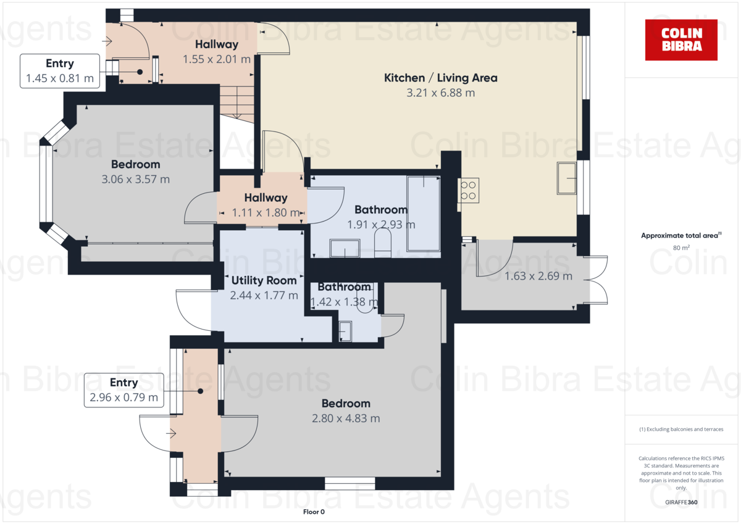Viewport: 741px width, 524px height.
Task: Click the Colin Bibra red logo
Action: pyautogui.click(x=681, y=40)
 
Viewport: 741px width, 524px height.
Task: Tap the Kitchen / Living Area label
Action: pyautogui.click(x=440, y=78)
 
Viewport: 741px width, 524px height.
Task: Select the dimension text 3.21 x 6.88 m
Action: pyautogui.click(x=440, y=93)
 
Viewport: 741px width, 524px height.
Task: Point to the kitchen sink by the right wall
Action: pyautogui.click(x=566, y=178)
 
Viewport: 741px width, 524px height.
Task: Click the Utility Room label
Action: pyautogui.click(x=264, y=280)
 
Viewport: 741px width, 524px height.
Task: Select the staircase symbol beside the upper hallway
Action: pyautogui.click(x=237, y=101)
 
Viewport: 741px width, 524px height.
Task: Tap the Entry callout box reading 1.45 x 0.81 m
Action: pyautogui.click(x=60, y=71)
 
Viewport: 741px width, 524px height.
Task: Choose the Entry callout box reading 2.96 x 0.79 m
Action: pyautogui.click(x=124, y=390)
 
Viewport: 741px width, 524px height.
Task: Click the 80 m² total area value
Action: pyautogui.click(x=680, y=248)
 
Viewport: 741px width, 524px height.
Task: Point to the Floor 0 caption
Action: pyautogui.click(x=314, y=512)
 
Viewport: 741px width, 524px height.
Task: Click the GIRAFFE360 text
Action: pyautogui.click(x=681, y=502)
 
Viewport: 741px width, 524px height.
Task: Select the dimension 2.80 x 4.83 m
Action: pyautogui.click(x=346, y=418)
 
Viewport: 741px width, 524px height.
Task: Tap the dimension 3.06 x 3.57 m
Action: pyautogui.click(x=135, y=180)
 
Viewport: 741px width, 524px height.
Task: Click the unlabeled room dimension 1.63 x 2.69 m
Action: pyautogui.click(x=538, y=276)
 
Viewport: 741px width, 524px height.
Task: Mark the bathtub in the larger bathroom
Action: pyautogui.click(x=423, y=213)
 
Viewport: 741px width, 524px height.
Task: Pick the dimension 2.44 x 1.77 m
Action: pyautogui.click(x=264, y=296)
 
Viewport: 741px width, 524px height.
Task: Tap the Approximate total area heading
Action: pyautogui.click(x=680, y=235)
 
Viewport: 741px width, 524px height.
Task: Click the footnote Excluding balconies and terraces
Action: pyautogui.click(x=681, y=429)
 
